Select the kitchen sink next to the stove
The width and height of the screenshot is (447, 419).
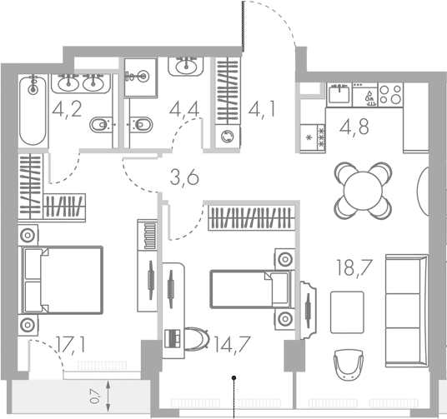[x=337, y=94]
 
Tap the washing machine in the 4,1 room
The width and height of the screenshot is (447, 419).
[x=226, y=137]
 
